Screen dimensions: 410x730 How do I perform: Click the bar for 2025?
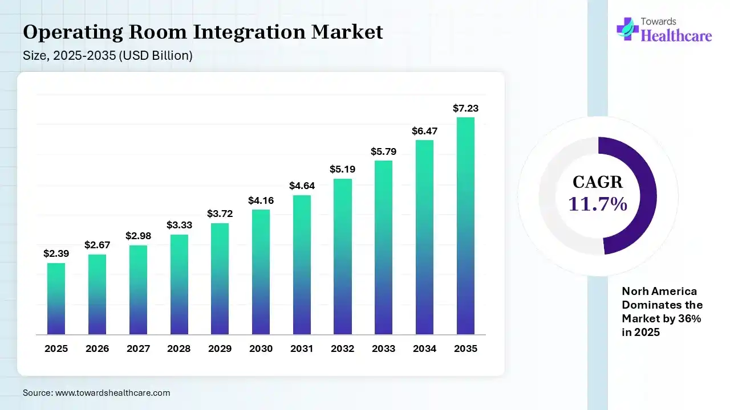point(56,298)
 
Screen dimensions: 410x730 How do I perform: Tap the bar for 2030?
point(261,272)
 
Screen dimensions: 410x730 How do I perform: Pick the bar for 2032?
point(343,256)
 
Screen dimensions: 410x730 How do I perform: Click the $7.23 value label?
point(465,108)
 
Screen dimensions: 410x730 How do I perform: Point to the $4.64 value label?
point(301,186)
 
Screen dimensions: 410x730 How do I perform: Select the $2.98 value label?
point(138,236)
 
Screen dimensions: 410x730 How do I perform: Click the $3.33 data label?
point(179,225)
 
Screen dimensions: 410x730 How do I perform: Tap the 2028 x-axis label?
point(179,348)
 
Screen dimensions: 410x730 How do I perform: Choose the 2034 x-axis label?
point(424,348)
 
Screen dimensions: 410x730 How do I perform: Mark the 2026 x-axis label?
point(97,348)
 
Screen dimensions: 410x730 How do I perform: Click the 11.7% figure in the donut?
point(598,203)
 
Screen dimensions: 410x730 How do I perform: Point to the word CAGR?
point(598,182)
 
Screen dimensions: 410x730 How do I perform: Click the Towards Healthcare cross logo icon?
point(627,28)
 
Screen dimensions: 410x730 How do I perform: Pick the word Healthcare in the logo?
point(677,36)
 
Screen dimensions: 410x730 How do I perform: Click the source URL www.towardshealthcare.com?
point(112,393)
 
